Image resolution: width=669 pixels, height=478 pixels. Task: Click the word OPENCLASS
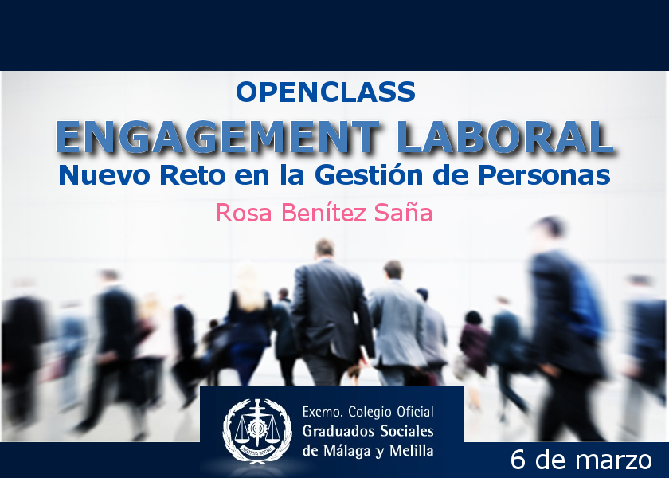tap(326, 92)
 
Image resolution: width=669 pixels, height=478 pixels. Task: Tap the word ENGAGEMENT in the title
tap(217, 137)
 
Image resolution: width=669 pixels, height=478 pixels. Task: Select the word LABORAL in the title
tap(506, 137)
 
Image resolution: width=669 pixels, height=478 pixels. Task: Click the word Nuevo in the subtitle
tap(104, 175)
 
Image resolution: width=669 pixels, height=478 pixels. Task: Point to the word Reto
tap(193, 175)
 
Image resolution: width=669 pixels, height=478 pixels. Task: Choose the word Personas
tap(544, 175)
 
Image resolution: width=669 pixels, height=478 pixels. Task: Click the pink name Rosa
tap(244, 213)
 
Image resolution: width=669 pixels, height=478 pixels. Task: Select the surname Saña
tap(403, 212)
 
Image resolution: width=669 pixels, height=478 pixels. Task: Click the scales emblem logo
tap(257, 431)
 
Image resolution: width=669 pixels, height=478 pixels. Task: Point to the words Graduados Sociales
tap(368, 431)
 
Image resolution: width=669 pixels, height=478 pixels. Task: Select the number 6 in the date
tap(518, 460)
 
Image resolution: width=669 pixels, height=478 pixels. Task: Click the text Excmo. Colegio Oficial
tap(368, 412)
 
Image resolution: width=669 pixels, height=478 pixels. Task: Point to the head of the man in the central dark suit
tap(325, 249)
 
